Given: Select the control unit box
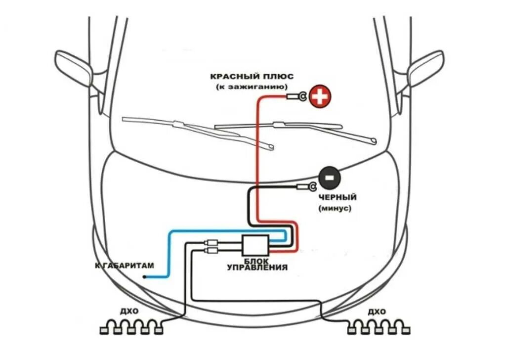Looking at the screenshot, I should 255,243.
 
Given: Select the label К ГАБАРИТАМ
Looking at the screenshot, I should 124,266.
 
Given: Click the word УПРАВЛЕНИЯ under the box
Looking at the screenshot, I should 257,268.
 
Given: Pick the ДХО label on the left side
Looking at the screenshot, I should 129,312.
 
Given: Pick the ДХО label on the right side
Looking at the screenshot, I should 377,312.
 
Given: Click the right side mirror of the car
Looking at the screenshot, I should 425,68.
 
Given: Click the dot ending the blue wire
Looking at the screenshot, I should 144,277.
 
